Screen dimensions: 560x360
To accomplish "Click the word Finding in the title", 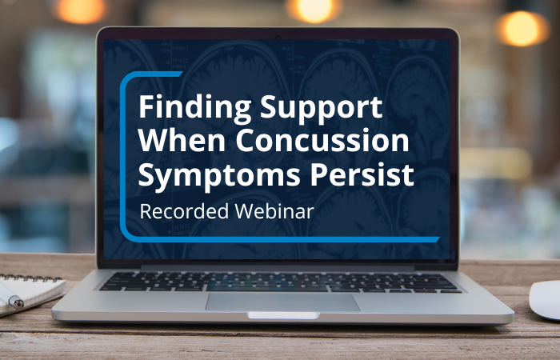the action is (195, 108).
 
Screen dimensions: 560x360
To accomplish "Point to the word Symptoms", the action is (219, 176).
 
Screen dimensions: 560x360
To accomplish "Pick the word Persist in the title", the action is (362, 174).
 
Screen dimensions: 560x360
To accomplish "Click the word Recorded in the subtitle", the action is (184, 210).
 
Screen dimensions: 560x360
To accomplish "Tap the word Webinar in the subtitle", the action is (274, 210).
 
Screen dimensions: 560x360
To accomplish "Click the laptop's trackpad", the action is (282, 302).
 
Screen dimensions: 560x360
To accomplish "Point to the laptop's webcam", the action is (278, 37).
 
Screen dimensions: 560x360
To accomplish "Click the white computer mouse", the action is (545, 299).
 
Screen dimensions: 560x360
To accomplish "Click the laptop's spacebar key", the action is (267, 288).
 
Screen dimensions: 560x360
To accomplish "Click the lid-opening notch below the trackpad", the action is (283, 315).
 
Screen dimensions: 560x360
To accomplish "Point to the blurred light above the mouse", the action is (522, 29).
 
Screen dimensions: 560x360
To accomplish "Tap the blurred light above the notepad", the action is (81, 10).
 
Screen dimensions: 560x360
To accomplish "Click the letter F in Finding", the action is (146, 106).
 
